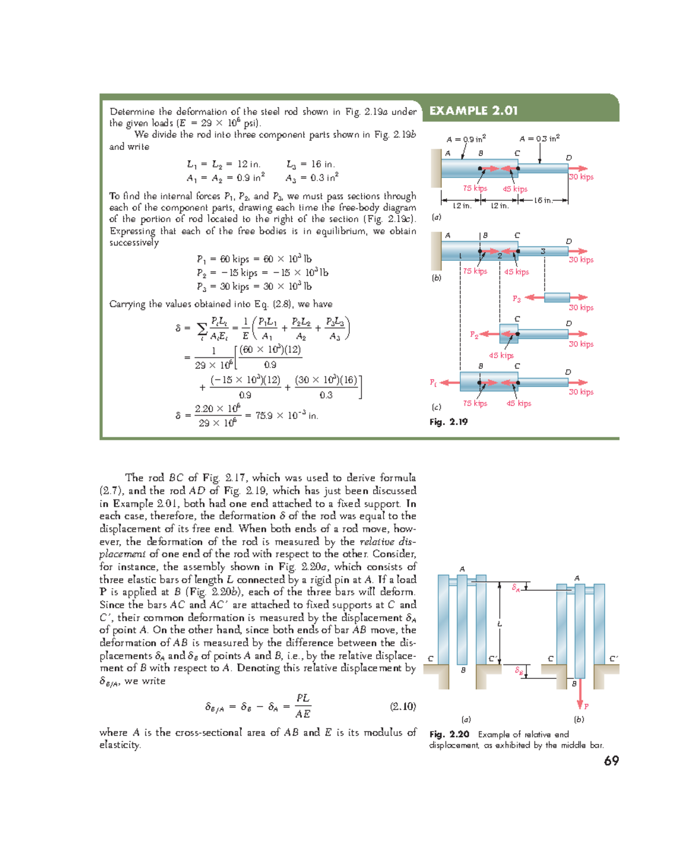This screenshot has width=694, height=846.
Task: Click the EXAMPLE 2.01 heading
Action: [x=473, y=110]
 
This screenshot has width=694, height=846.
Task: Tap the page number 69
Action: [x=611, y=761]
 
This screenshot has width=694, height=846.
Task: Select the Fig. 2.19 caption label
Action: [x=448, y=422]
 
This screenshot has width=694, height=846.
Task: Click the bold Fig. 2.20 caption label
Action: [x=449, y=734]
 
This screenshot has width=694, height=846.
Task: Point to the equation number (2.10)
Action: [x=403, y=706]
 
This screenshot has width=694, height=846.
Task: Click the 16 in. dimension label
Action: [x=543, y=201]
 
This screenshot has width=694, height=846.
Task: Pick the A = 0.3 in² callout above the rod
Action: [x=539, y=138]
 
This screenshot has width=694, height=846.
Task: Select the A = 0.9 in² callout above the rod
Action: [x=466, y=139]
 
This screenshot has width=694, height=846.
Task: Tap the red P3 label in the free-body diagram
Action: [x=516, y=299]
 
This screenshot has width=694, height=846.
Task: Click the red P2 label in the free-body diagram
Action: [x=474, y=335]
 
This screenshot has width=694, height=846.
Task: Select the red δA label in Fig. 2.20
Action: [x=516, y=588]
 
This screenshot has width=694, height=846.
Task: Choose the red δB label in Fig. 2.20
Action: [x=519, y=671]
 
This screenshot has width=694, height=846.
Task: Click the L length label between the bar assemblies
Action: [x=500, y=624]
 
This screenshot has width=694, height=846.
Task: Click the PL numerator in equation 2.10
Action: [x=302, y=698]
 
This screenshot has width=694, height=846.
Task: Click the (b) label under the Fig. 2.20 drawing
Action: [x=578, y=719]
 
